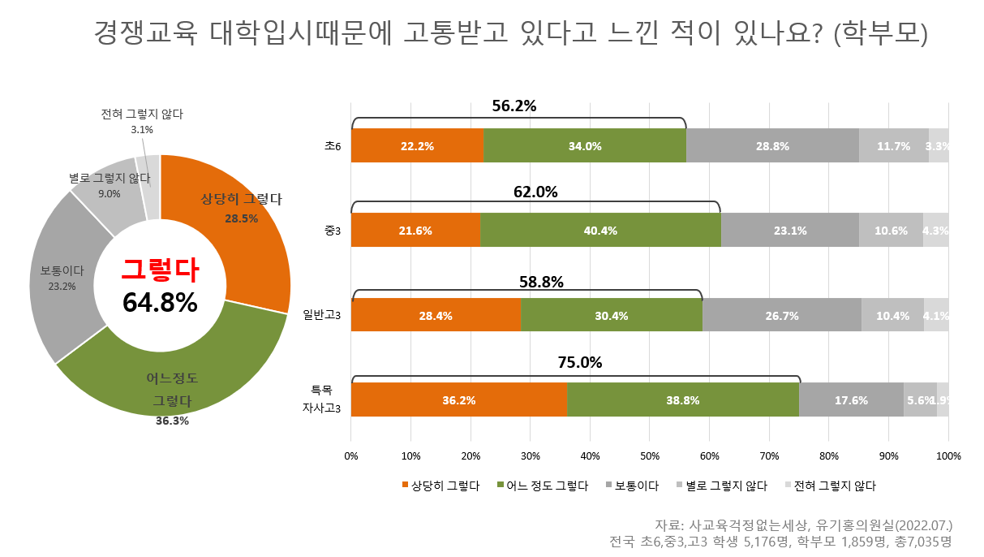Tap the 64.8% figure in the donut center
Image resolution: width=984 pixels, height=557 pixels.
coord(160,302)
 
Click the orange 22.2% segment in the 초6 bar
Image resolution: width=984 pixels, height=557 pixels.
coord(417,146)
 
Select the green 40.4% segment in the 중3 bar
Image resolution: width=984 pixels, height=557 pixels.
coord(600,231)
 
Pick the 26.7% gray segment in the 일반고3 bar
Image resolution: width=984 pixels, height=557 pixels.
coord(782,315)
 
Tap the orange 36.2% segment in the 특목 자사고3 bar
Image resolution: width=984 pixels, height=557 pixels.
coord(459,400)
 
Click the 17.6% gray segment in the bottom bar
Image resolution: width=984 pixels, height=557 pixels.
coord(851,400)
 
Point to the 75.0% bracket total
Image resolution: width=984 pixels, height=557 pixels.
coord(579,363)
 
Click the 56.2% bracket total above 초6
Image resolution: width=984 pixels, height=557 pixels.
coord(514,106)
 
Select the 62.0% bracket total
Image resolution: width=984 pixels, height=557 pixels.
coord(535,192)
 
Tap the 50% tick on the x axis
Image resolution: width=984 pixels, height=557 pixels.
coord(650,456)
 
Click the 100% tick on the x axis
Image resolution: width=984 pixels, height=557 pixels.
coord(947,456)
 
